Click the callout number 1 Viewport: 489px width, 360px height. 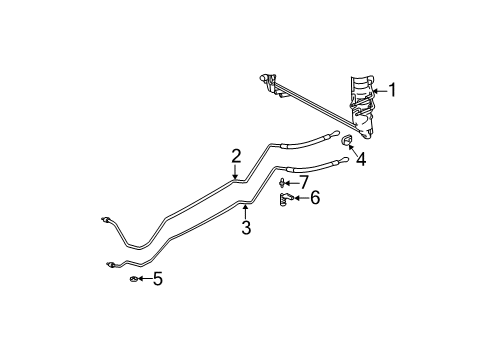[x=392, y=90]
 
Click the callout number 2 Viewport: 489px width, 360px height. [x=236, y=155]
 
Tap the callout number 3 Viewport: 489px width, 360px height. [x=245, y=228]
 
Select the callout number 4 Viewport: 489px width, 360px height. [x=361, y=158]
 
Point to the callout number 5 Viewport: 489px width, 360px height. [x=157, y=279]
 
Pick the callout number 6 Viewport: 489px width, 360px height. [x=315, y=198]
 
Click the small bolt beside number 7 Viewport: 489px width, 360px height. [x=285, y=183]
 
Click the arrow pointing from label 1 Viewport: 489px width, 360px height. [x=377, y=91]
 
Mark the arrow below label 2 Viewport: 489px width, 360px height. [x=236, y=172]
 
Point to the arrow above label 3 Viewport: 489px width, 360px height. [x=245, y=210]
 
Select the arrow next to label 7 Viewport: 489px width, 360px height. [x=294, y=182]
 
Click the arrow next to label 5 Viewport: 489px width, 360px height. [x=145, y=279]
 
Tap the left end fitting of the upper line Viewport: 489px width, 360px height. [x=106, y=220]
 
